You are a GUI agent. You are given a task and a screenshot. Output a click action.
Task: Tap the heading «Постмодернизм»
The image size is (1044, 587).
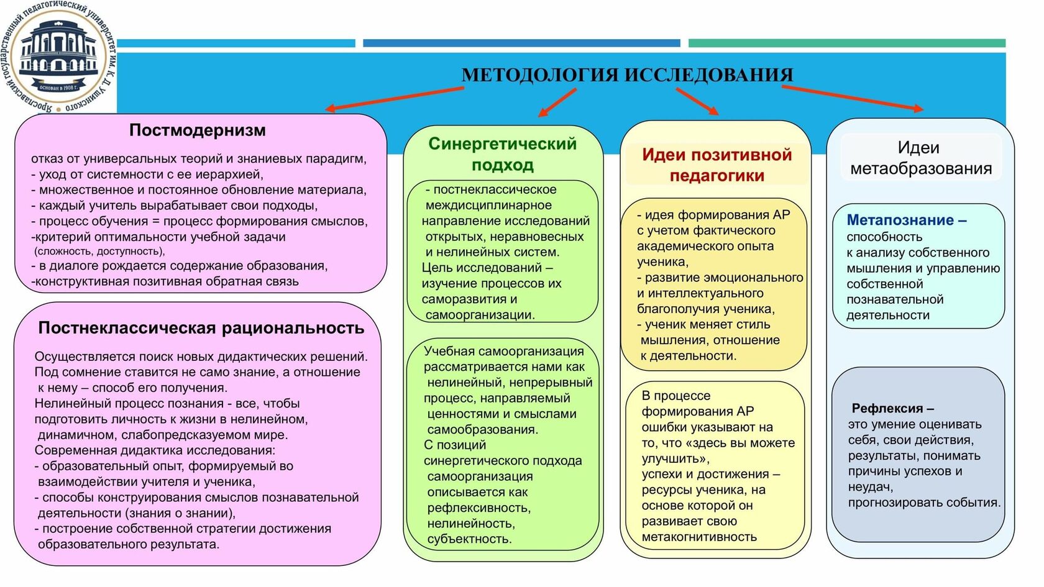tap(197, 130)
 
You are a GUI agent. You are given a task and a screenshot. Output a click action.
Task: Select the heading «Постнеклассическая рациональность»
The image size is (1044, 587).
tap(201, 328)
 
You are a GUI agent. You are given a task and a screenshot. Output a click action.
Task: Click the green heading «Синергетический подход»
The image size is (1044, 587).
tap(502, 154)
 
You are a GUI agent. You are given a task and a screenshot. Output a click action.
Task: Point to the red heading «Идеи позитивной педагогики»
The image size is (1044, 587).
tap(717, 165)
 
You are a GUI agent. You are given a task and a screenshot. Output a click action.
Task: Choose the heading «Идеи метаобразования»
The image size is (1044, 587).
tap(920, 158)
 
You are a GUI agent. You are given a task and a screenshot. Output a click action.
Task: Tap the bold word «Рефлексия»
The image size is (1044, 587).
tap(887, 409)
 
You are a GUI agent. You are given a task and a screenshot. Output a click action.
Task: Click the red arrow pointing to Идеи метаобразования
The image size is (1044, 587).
tap(852, 98)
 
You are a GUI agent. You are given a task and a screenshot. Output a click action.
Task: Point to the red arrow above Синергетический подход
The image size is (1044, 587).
tap(557, 102)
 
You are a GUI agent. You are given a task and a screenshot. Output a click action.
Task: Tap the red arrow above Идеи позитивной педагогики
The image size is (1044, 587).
tap(697, 101)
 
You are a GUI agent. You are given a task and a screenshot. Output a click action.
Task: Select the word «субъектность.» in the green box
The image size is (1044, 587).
tap(469, 539)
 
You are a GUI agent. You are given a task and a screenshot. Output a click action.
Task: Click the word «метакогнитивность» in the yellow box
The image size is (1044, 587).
tap(699, 537)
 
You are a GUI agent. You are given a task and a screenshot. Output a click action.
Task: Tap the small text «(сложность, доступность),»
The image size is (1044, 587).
tap(99, 252)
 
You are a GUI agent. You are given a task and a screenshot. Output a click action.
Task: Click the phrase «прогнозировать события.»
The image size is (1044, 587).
tap(924, 503)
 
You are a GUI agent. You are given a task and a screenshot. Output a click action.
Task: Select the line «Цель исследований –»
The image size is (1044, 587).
tap(487, 268)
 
